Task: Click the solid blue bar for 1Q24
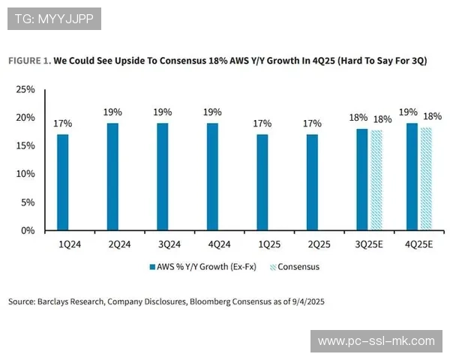63,182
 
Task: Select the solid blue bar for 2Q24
112,177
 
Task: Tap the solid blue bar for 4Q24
212,177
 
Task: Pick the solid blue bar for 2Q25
312,182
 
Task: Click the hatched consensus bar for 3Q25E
376,180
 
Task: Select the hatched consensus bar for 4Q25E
426,179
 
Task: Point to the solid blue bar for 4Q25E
412,177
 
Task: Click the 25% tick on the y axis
25,89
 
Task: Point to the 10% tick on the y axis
25,174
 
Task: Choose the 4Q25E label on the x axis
418,244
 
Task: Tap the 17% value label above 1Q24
63,124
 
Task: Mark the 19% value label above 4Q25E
409,112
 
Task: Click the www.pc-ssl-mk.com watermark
376,341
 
